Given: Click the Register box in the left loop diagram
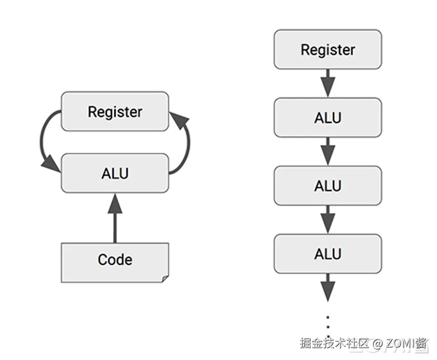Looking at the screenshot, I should click(x=115, y=112).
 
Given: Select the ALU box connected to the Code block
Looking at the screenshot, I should click(x=115, y=173).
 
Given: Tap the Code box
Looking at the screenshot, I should click(x=115, y=259).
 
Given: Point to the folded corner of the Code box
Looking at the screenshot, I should click(x=164, y=278).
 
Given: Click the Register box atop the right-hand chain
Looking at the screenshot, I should click(x=328, y=50).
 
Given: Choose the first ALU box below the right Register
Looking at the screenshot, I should click(x=328, y=118).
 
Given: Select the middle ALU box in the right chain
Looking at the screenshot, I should click(x=328, y=186).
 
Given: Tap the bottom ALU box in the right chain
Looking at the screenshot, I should click(x=328, y=254).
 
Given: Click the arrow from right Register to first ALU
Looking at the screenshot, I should click(x=328, y=83).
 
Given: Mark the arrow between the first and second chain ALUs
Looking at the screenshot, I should click(x=328, y=152).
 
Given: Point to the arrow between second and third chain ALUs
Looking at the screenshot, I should click(x=328, y=220).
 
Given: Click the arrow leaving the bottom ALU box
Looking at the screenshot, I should click(x=328, y=288).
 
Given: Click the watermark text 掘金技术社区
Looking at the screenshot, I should click(x=334, y=343).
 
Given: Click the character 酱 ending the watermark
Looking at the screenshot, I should click(x=422, y=343).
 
